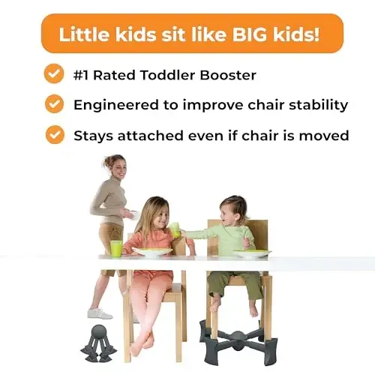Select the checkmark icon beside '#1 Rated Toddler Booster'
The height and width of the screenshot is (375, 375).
pyautogui.click(x=54, y=73)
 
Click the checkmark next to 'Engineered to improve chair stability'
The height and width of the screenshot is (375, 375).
pyautogui.click(x=54, y=104)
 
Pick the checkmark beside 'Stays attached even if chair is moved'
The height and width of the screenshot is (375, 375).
pyautogui.click(x=54, y=135)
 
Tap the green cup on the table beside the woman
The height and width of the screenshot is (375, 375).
pyautogui.click(x=116, y=248)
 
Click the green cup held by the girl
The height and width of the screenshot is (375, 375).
pyautogui.click(x=175, y=229)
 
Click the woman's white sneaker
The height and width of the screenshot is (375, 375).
pyautogui.click(x=99, y=313)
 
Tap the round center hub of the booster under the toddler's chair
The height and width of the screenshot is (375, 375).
pyautogui.click(x=234, y=332)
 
